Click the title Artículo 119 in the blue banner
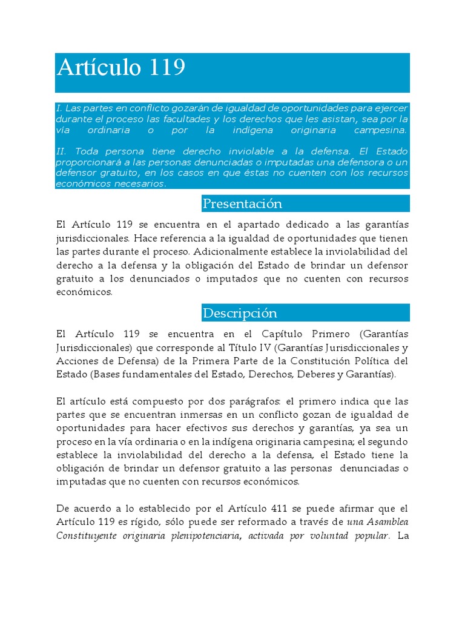tap(121, 67)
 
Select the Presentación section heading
tap(242, 203)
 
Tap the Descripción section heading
tap(240, 313)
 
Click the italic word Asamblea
tap(385, 522)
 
